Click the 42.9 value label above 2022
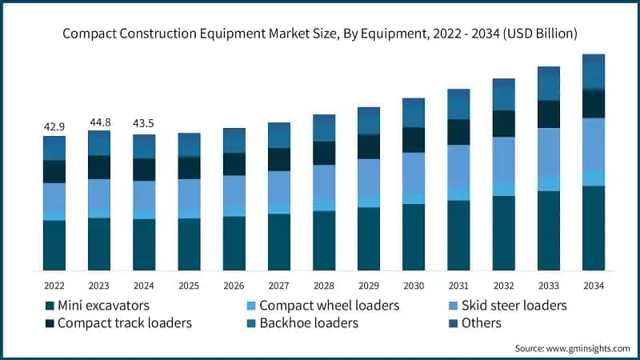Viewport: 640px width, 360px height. (54, 127)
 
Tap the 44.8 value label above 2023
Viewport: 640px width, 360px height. (99, 122)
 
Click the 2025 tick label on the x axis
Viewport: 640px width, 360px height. (189, 285)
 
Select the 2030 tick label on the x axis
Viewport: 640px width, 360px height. (413, 285)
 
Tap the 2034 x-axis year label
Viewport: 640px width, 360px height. (593, 285)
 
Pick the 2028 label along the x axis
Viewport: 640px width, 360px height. (323, 285)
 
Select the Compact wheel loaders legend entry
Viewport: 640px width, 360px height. (329, 306)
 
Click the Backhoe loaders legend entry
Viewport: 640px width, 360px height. (308, 323)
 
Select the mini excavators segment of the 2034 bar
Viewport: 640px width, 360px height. (593, 228)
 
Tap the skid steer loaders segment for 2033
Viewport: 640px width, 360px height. (548, 152)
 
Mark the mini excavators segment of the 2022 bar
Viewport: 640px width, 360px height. (54, 245)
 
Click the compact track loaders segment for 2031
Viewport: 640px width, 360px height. (458, 132)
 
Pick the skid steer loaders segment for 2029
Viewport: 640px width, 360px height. (368, 177)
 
